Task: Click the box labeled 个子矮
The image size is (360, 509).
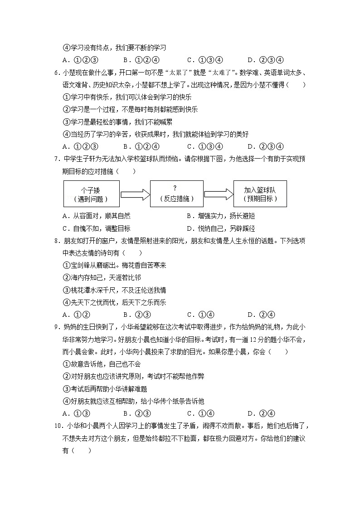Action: point(92,194)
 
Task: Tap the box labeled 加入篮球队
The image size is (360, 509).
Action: point(259,194)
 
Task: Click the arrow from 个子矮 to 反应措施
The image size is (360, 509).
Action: point(135,194)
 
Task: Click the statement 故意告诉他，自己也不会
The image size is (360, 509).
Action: point(102,364)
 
